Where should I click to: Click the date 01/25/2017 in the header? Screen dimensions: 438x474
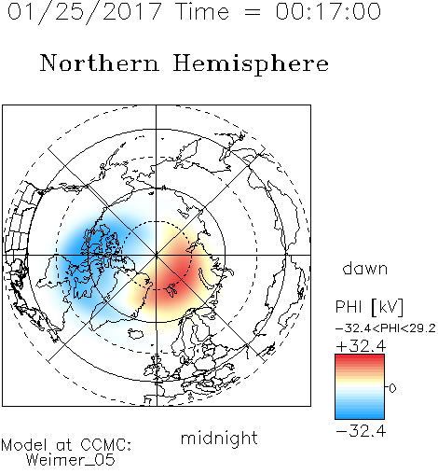pos(85,13)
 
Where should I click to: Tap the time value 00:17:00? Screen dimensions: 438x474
pos(328,12)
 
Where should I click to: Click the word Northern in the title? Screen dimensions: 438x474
pos(100,63)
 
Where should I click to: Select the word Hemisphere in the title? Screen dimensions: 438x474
pos(251,64)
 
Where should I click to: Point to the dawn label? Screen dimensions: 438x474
pos(365,268)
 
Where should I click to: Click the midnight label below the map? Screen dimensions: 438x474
pos(219,438)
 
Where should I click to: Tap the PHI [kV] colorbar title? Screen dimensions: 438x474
pos(369,307)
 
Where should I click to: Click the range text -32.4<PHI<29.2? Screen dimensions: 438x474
pos(386,328)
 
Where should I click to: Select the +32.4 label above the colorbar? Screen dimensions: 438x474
pos(361,346)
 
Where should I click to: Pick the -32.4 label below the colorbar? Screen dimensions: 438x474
pos(361,431)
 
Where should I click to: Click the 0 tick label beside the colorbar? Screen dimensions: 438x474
pos(392,388)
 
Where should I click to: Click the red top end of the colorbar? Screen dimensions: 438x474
pos(360,357)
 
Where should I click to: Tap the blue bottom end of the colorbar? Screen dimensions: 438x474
pos(360,416)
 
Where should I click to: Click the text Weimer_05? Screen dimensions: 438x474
pos(71,460)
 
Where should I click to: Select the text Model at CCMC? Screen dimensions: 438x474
pos(66,445)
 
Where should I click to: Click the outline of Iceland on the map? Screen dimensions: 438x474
pos(136,333)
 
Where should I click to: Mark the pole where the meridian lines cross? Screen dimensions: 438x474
pos(157,255)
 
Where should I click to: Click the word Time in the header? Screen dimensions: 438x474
pos(202,12)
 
